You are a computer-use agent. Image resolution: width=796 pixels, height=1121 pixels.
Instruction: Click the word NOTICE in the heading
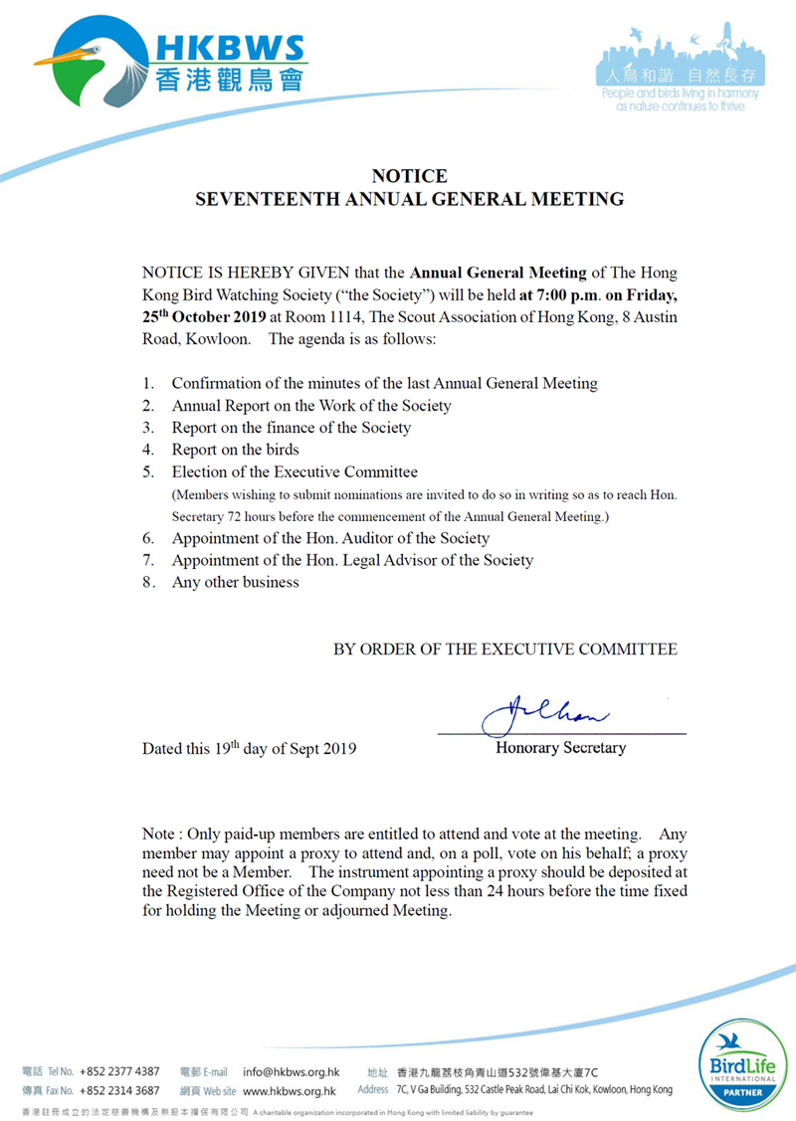pyautogui.click(x=409, y=177)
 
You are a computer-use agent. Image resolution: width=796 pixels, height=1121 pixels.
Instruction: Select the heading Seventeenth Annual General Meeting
pyautogui.click(x=409, y=199)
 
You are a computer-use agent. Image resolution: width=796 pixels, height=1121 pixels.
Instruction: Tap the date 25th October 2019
pyautogui.click(x=204, y=317)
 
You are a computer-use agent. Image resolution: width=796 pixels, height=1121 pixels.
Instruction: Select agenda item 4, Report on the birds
pyautogui.click(x=235, y=450)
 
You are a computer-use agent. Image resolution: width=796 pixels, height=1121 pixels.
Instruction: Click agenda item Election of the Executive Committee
pyautogui.click(x=295, y=471)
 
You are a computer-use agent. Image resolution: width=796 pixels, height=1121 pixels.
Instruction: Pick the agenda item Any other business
pyautogui.click(x=235, y=582)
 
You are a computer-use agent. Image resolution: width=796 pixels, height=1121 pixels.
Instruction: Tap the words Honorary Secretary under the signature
pyautogui.click(x=561, y=748)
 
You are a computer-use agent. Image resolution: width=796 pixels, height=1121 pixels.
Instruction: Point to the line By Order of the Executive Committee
pyautogui.click(x=505, y=650)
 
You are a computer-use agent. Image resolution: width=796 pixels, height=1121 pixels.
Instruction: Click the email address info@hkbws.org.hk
pyautogui.click(x=292, y=1071)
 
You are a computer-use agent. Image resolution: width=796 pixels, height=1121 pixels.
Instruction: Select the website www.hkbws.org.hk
pyautogui.click(x=289, y=1090)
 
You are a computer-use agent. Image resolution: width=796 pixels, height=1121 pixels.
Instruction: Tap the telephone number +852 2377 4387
pyautogui.click(x=119, y=1071)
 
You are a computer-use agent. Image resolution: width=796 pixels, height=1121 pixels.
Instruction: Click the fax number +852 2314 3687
pyautogui.click(x=119, y=1090)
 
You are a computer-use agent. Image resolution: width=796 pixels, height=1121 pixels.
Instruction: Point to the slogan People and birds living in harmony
pyautogui.click(x=681, y=93)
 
